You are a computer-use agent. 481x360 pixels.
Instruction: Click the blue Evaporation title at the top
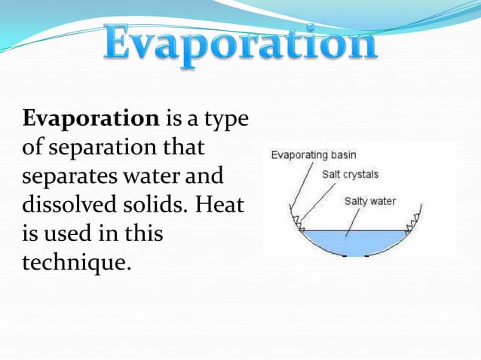click(x=240, y=44)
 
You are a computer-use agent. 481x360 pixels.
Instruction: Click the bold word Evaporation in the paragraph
click(x=91, y=119)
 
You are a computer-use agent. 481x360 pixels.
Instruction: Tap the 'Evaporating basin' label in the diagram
click(x=310, y=155)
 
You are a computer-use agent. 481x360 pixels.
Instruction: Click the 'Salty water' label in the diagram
click(x=369, y=201)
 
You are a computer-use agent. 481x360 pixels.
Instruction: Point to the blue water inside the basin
click(x=354, y=243)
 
